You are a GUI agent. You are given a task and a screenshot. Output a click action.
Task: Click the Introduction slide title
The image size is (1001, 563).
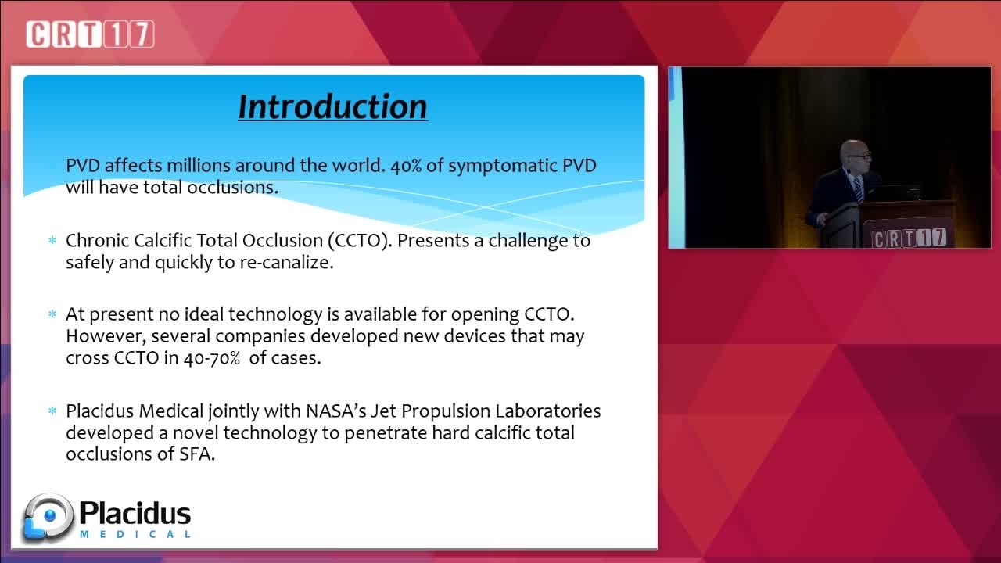click(332, 107)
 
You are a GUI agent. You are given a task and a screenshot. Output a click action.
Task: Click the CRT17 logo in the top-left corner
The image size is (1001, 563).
click(90, 34)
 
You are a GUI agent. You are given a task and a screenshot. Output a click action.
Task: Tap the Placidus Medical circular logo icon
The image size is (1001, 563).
click(48, 518)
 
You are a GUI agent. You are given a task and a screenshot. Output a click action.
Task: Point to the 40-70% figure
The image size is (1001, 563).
click(212, 358)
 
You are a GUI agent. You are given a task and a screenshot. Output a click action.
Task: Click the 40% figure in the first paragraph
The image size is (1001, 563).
click(406, 166)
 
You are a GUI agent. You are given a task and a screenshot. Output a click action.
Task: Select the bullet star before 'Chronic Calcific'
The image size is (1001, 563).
click(52, 240)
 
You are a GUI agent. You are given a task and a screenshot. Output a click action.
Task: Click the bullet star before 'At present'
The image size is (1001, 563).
click(52, 314)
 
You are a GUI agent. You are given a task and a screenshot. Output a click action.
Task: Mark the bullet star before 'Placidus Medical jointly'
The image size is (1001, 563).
click(52, 411)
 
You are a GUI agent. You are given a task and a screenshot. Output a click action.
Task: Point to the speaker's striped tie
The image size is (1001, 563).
click(858, 188)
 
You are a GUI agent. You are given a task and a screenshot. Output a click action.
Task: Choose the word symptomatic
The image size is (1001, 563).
click(503, 166)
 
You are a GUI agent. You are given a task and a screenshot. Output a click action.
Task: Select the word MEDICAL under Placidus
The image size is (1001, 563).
click(135, 534)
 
